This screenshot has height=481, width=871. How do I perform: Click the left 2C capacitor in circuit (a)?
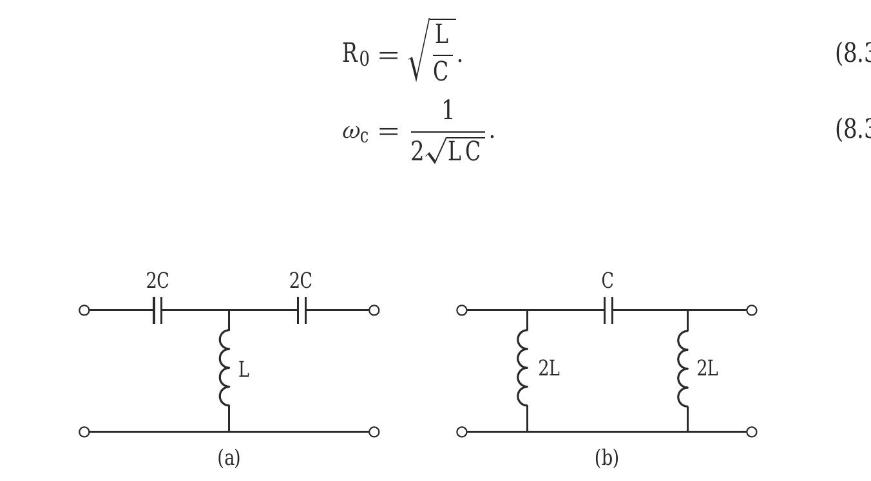coord(158,310)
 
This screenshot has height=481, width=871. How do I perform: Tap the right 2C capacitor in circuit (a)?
coord(301,310)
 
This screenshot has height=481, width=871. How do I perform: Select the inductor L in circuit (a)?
coord(225,368)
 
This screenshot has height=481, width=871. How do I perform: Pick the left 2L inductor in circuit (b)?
coord(523,368)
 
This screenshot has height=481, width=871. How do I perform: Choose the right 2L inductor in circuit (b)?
coord(684,368)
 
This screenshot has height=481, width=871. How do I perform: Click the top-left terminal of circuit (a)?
coord(84,310)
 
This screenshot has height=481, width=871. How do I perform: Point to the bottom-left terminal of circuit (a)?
coord(84,431)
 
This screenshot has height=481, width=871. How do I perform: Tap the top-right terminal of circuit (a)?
coord(374,310)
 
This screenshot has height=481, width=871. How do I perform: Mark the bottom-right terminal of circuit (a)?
coord(374,431)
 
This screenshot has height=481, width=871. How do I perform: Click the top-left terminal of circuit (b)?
coord(462,310)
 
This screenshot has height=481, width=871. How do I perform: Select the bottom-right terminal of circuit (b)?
coord(751,431)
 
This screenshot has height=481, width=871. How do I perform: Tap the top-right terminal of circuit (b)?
coord(751,310)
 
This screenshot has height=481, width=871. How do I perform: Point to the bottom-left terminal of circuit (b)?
coord(462,431)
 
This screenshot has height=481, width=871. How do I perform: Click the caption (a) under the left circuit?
coord(229,458)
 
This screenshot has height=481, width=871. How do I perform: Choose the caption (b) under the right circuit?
coord(607,458)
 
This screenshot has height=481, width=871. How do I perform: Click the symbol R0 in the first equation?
coord(356,54)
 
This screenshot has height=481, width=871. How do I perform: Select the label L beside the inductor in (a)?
coord(244,370)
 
